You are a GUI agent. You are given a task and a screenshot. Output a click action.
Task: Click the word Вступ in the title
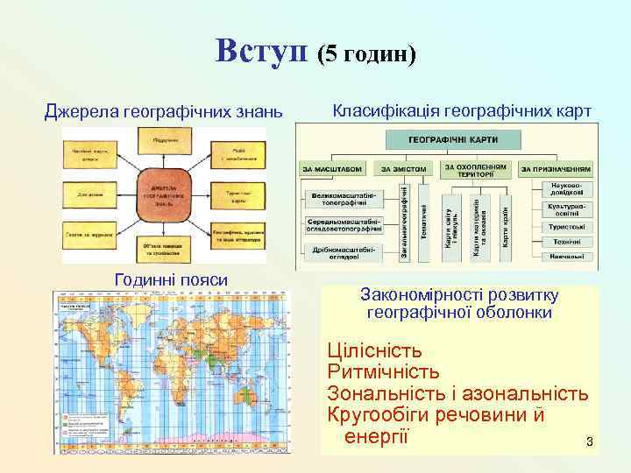coord(264,51)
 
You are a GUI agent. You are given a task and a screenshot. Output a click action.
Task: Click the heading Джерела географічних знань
coord(164,112)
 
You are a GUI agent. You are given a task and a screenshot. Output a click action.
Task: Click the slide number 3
coord(590,442)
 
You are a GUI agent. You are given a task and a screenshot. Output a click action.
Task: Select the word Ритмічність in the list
coord(382,372)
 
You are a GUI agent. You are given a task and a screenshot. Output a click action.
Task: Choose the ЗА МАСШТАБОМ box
coord(331,169)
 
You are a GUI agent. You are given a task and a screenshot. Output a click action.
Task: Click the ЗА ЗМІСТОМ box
coord(404,169)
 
